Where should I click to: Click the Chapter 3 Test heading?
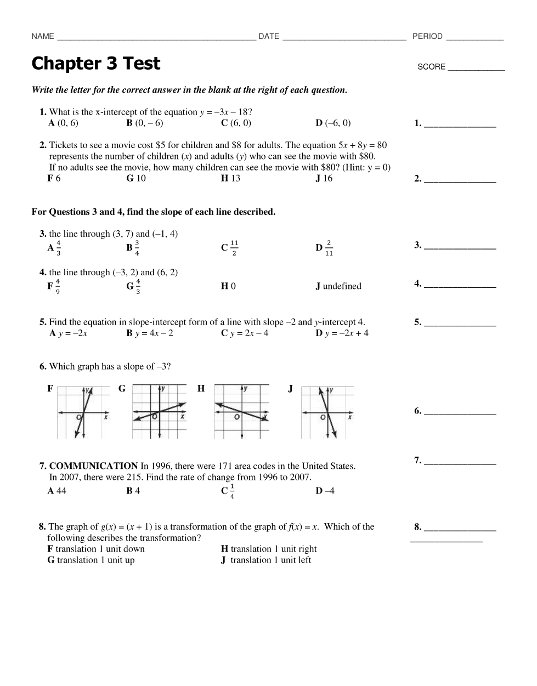click(x=96, y=64)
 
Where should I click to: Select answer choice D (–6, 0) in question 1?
click(x=333, y=123)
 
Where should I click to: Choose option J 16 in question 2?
click(x=324, y=178)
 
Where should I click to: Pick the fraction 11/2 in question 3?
click(x=234, y=248)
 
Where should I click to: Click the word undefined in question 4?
click(x=342, y=286)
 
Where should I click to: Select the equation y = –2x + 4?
click(x=346, y=333)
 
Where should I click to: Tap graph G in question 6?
click(x=160, y=412)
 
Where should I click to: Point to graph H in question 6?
click(x=241, y=412)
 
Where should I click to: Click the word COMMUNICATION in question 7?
click(x=93, y=466)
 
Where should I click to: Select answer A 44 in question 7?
click(x=57, y=491)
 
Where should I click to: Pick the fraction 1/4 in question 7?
click(x=232, y=491)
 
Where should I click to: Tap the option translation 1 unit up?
click(x=95, y=560)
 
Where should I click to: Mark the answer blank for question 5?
click(x=460, y=323)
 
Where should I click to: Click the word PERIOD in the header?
click(x=427, y=36)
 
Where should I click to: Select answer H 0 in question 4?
click(x=228, y=286)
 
